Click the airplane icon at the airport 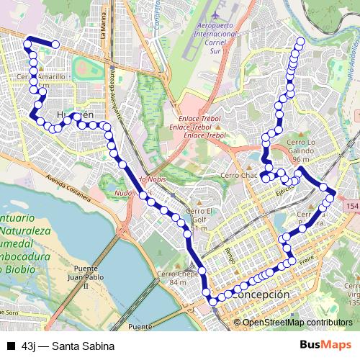220,14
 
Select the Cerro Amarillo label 41,76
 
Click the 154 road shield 351,207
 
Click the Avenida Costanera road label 66,186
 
